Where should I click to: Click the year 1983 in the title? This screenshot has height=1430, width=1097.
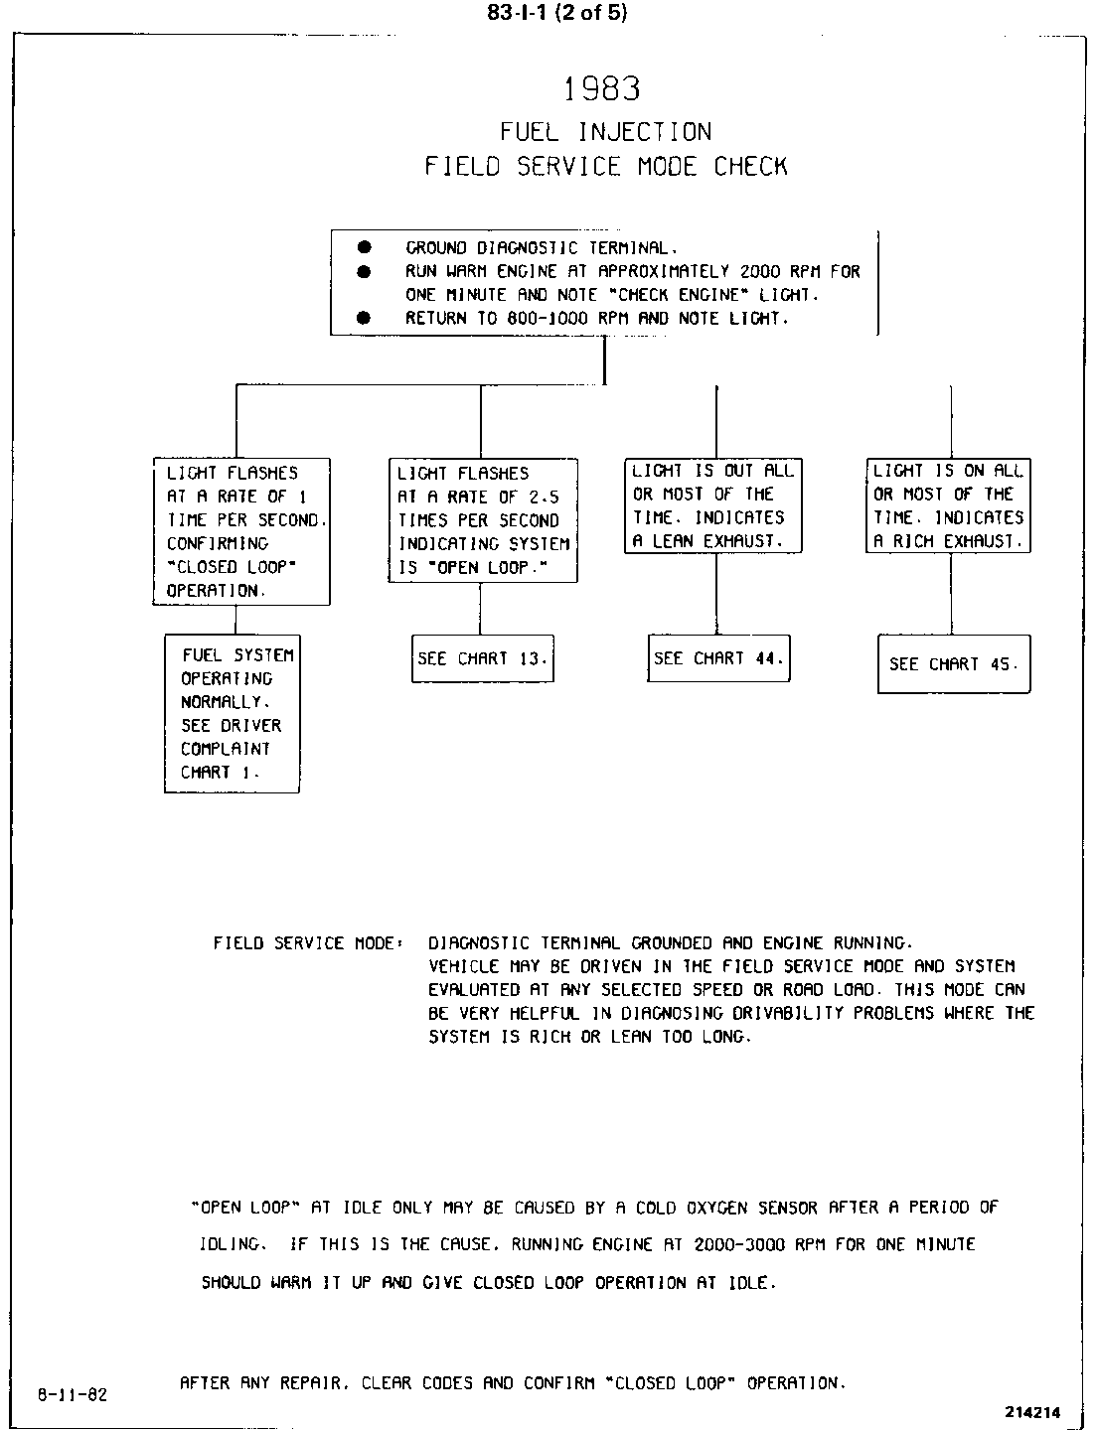pyautogui.click(x=602, y=89)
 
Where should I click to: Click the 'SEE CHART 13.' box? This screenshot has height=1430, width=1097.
pyautogui.click(x=483, y=659)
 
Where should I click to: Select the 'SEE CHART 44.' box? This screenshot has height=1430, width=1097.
pyautogui.click(x=718, y=658)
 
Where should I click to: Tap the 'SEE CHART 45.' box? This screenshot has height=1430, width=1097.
pyautogui.click(x=954, y=664)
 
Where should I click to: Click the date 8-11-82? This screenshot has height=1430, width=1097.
pyautogui.click(x=72, y=1393)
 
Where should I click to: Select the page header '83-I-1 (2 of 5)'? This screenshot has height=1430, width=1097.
pyautogui.click(x=557, y=13)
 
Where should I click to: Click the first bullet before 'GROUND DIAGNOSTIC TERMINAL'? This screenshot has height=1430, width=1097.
pyautogui.click(x=364, y=246)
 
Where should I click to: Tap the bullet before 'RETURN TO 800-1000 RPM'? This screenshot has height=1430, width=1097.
pyautogui.click(x=364, y=318)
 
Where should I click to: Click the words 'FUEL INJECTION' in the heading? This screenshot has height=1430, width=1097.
pyautogui.click(x=605, y=132)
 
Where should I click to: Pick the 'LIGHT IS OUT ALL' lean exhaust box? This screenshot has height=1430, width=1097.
pyautogui.click(x=713, y=505)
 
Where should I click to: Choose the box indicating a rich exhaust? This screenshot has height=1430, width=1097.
pyautogui.click(x=948, y=505)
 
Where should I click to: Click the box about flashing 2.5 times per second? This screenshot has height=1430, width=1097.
pyautogui.click(x=483, y=520)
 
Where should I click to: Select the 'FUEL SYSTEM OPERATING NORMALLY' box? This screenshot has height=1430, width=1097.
pyautogui.click(x=232, y=713)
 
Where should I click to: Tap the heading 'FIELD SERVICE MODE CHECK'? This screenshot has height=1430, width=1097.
pyautogui.click(x=605, y=166)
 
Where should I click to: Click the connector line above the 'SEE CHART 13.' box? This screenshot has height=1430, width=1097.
pyautogui.click(x=481, y=608)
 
